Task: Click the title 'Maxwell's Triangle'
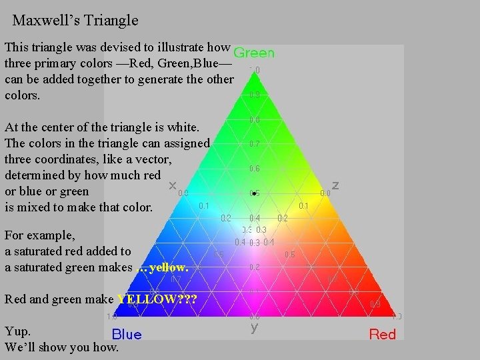click(75, 21)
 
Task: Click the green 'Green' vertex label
click(254, 53)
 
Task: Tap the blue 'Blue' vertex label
click(126, 334)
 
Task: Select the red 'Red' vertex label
click(383, 334)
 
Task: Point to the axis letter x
click(173, 185)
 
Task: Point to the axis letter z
click(335, 185)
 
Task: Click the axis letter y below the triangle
click(254, 328)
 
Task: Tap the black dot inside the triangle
click(254, 193)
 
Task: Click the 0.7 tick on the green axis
click(254, 144)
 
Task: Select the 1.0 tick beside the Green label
click(254, 69)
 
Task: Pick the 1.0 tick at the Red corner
click(397, 317)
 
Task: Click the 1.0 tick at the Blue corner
click(112, 317)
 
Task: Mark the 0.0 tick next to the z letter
click(325, 193)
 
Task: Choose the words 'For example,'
click(39, 235)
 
